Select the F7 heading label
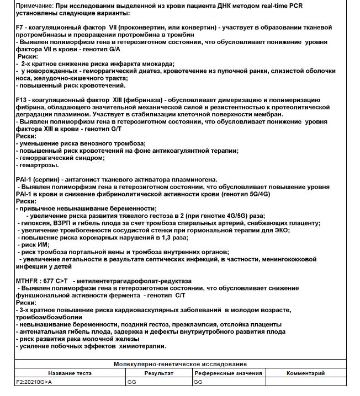(x=20, y=26)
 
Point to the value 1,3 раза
(x=173, y=237)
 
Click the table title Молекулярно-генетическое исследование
(x=179, y=365)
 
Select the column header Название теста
(x=70, y=373)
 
